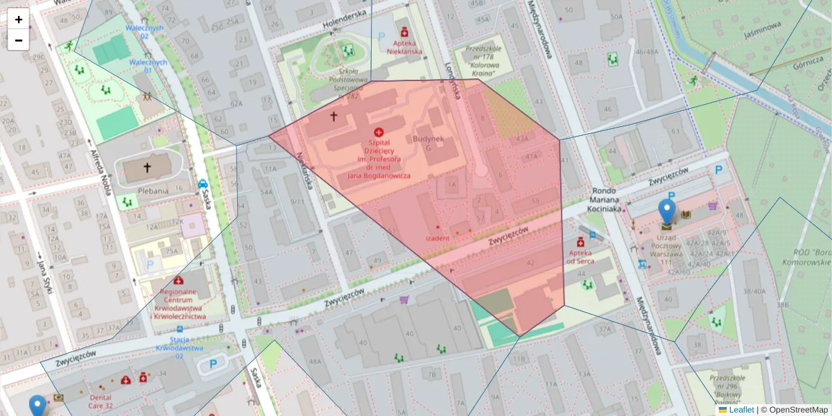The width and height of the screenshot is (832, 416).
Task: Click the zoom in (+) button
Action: click(19, 19)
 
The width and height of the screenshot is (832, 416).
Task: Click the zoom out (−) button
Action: click(19, 40)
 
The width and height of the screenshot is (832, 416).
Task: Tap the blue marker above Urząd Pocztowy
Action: click(667, 212)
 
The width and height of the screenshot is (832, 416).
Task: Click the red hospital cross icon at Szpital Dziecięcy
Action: click(379, 132)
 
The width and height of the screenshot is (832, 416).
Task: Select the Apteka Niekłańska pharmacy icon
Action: click(404, 32)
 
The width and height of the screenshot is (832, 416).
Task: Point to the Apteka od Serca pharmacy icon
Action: click(580, 241)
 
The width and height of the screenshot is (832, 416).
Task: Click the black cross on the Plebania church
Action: click(147, 167)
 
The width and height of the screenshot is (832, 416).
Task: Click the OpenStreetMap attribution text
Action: click(798, 410)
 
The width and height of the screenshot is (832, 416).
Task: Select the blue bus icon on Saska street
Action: click(202, 184)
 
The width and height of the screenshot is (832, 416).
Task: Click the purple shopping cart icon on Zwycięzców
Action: click(404, 300)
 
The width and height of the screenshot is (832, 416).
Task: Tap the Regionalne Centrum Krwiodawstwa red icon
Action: click(178, 281)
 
